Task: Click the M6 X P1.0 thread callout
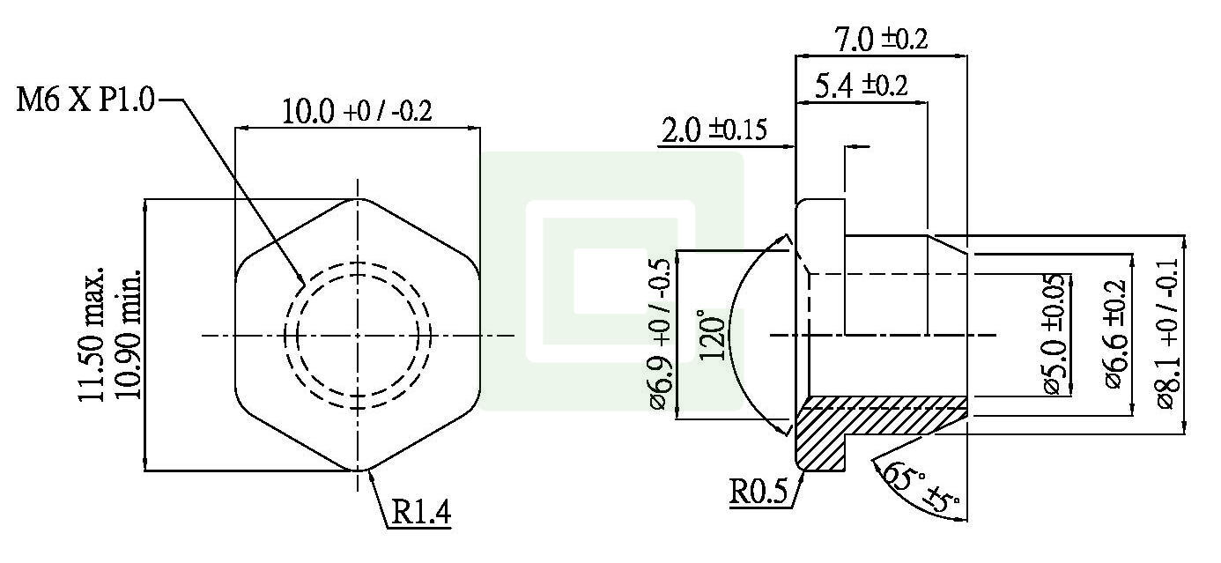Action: coord(85,100)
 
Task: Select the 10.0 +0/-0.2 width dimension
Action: coord(357,112)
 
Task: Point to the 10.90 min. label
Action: coord(129,335)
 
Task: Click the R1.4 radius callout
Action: coord(420,513)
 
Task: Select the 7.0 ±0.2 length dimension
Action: coord(880,39)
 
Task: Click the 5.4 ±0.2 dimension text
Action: coord(861,85)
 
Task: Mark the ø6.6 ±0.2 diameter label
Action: coord(1115,335)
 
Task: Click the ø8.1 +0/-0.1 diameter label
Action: coord(1169,335)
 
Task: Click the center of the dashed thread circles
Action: coord(357,335)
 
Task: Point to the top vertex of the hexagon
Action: coord(357,200)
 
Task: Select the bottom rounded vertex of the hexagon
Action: coord(357,470)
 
